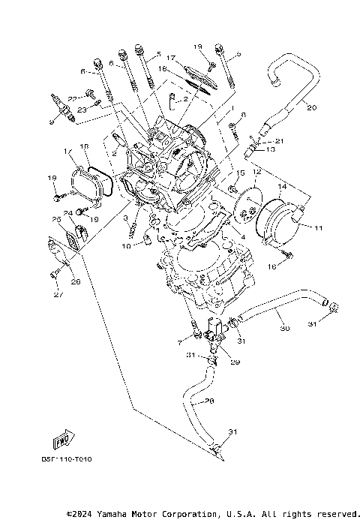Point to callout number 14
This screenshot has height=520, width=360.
click(283, 185)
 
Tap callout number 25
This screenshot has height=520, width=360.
click(55, 219)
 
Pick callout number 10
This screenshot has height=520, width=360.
click(127, 245)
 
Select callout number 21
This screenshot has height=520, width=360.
click(280, 141)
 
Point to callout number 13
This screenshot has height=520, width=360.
click(271, 150)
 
